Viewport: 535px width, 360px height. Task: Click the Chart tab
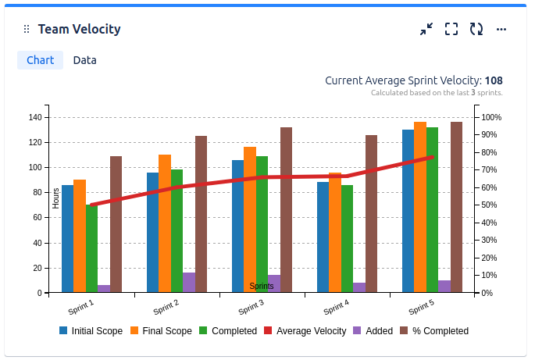[40, 60]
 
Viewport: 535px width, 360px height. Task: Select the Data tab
[84, 60]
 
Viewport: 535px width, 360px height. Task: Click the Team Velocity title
[79, 30]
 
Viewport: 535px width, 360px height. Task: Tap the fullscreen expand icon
[451, 29]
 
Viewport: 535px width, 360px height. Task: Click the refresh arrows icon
[476, 29]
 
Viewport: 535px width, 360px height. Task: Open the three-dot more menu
[501, 29]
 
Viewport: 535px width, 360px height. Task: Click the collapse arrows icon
[426, 29]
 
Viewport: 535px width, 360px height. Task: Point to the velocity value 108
[494, 80]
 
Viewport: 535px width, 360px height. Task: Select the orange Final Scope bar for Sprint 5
[420, 207]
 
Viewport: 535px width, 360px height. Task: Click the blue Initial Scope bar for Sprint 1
[67, 238]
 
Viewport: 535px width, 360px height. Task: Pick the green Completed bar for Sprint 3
[262, 224]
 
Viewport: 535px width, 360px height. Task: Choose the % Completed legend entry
[433, 331]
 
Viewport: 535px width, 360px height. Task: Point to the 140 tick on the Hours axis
[34, 117]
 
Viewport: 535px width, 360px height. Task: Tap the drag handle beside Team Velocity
[27, 30]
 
